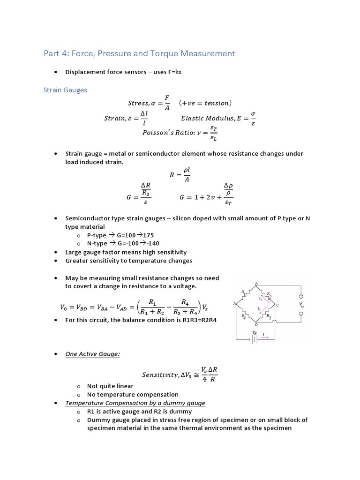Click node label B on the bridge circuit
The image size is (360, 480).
click(x=256, y=284)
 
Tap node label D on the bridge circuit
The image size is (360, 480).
click(x=255, y=324)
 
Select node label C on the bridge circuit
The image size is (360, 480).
click(x=277, y=305)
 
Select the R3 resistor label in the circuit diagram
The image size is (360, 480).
click(x=269, y=317)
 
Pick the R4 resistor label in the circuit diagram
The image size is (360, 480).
click(x=243, y=316)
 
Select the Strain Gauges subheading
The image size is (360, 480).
click(x=65, y=90)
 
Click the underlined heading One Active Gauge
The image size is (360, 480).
click(x=92, y=354)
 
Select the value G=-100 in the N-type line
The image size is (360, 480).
click(x=124, y=243)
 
